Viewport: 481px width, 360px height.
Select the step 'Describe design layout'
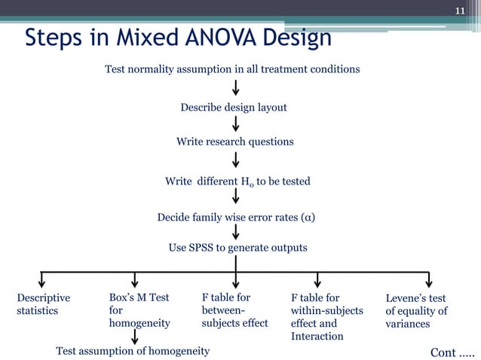click(234, 108)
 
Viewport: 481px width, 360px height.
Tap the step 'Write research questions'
click(234, 142)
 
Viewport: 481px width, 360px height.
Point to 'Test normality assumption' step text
click(231, 69)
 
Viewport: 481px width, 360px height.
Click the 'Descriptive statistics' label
click(43, 304)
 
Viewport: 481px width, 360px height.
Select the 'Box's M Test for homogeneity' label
click(139, 310)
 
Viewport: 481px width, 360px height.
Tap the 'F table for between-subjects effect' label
click(234, 310)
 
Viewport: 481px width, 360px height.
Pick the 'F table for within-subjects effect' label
click(326, 316)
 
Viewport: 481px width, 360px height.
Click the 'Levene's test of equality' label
click(416, 310)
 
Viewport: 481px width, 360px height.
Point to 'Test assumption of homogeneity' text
click(133, 350)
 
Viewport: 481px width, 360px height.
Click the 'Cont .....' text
click(452, 352)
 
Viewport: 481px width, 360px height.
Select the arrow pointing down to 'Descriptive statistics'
click(41, 279)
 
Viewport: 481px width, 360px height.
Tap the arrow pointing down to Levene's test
click(428, 279)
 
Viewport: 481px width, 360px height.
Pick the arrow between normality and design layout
click(236, 88)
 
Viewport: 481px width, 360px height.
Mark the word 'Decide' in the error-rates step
click(174, 218)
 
